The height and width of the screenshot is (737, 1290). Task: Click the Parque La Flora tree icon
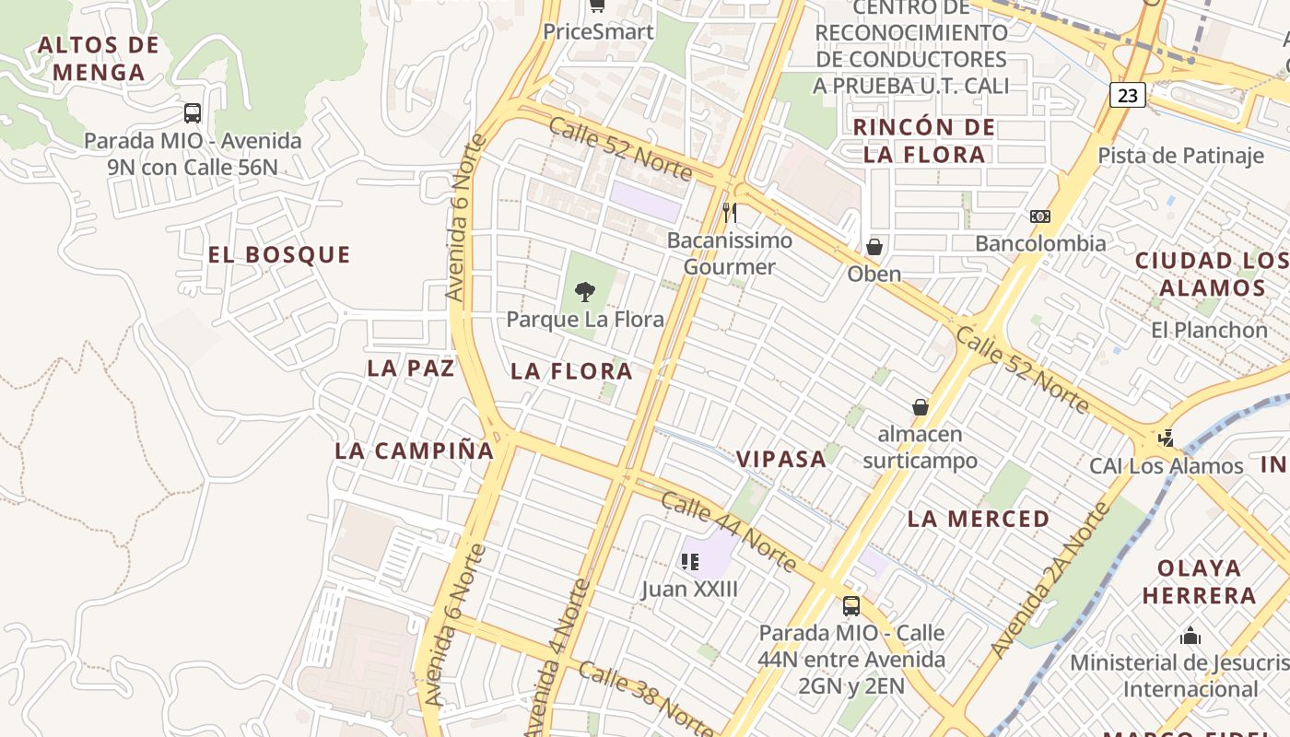(x=584, y=292)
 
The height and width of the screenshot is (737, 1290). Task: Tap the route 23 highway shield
(x=1128, y=95)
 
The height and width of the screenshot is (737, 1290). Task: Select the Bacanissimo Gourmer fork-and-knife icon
(x=729, y=213)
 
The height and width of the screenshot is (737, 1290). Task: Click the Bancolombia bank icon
(x=1040, y=216)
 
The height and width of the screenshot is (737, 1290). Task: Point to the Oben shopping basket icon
(x=874, y=247)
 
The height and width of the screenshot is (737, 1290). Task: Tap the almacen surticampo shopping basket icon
(x=920, y=406)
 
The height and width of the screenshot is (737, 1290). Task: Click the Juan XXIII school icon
(x=689, y=561)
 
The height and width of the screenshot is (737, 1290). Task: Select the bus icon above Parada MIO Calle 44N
(x=851, y=606)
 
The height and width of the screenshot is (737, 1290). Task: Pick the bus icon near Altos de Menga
(x=192, y=113)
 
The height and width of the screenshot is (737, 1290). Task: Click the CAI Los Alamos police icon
(x=1167, y=439)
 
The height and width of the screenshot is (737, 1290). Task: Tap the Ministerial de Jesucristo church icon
(x=1190, y=636)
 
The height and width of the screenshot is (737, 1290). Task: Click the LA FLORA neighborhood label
(x=571, y=372)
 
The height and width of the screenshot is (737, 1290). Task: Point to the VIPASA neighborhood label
(x=780, y=460)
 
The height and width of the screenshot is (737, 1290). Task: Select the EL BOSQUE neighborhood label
(x=279, y=255)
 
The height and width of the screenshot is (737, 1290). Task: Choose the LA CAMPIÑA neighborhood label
(x=415, y=450)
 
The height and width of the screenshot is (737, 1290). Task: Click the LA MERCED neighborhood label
(x=979, y=519)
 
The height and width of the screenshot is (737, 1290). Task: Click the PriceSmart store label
(x=598, y=31)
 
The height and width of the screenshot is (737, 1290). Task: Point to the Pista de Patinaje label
(x=1180, y=155)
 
